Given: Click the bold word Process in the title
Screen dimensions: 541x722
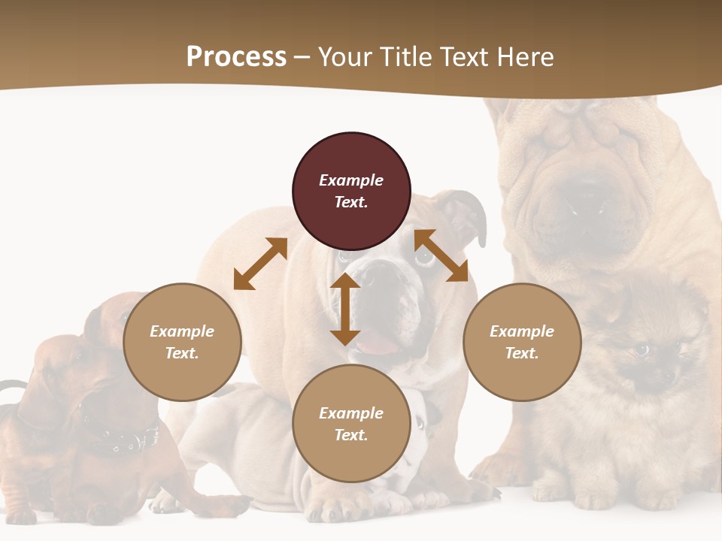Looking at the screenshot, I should point(236,57).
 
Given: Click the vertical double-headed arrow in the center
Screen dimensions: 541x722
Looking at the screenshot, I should point(345,309).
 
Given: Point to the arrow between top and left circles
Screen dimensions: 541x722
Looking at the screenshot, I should point(260,264).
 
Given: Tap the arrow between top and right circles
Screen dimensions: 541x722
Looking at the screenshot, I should point(441,256).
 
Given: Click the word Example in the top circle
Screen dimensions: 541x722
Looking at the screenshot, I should point(351,180).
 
